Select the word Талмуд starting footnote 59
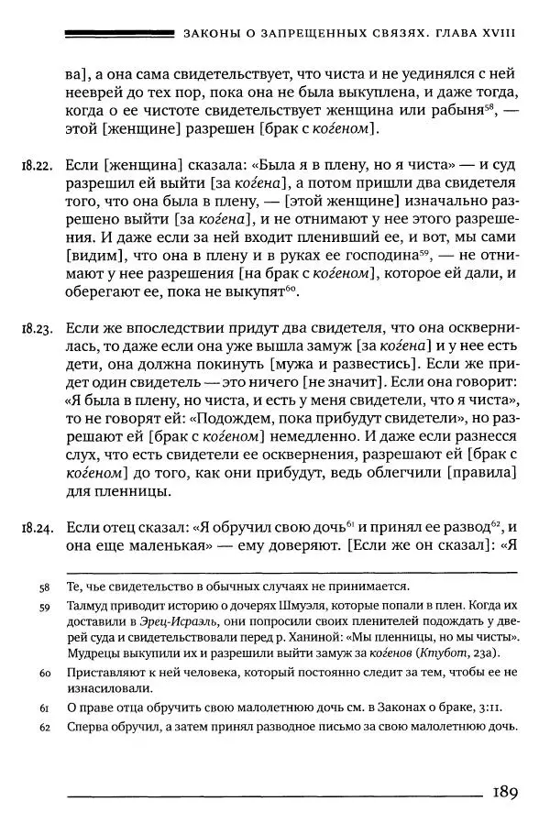click(91, 606)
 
